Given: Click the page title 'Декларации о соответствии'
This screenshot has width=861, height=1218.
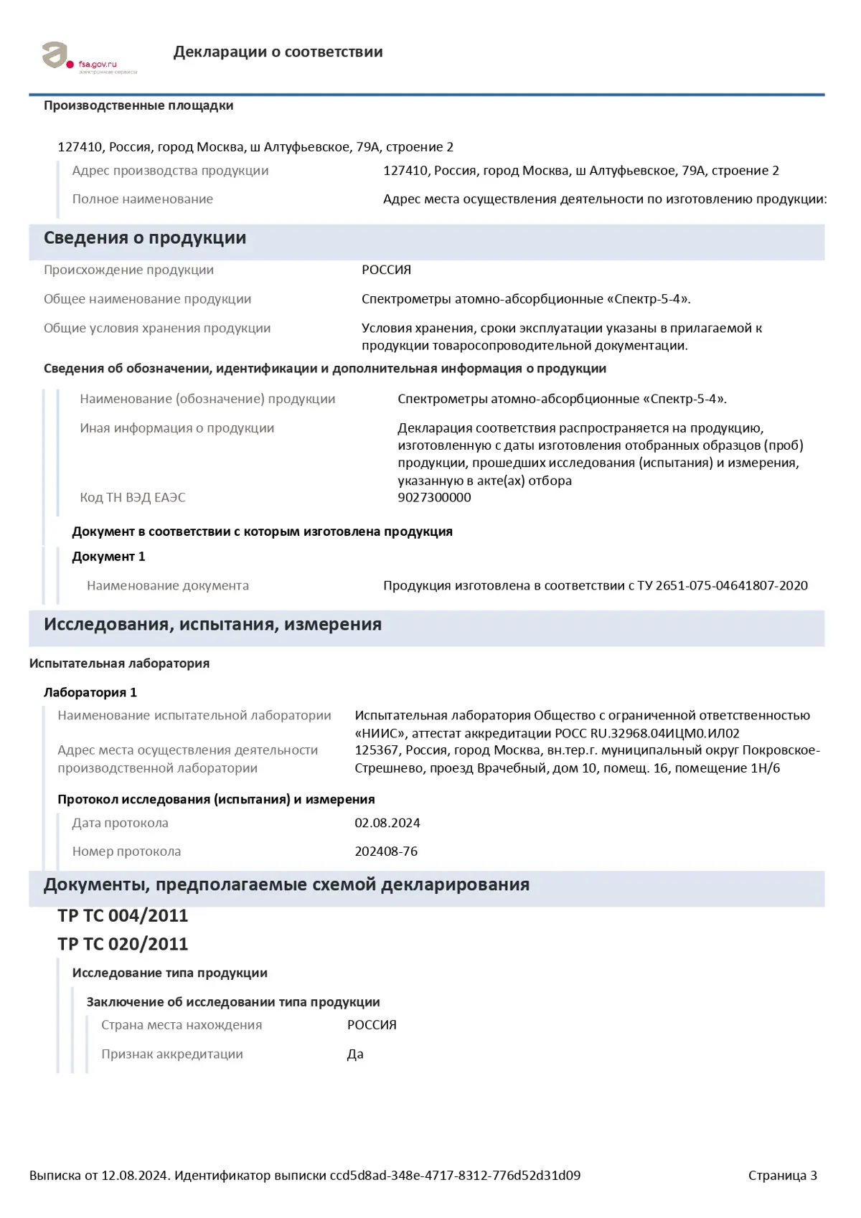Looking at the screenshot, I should click(x=278, y=52).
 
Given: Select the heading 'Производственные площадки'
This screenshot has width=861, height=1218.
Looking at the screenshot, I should click(x=138, y=105).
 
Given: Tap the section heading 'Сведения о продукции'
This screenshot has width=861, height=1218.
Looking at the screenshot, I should click(x=145, y=238).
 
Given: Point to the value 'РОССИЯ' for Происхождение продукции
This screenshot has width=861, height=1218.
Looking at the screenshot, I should click(x=386, y=270).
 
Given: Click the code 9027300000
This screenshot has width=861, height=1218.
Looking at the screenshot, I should click(x=434, y=497).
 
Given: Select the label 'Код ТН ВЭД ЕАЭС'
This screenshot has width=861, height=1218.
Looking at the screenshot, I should click(x=133, y=497).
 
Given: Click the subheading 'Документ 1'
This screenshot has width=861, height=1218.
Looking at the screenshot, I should click(x=108, y=557).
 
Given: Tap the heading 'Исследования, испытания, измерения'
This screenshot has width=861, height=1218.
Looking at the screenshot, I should click(x=212, y=624).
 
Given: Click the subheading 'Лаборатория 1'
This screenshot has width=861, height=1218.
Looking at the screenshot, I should click(x=90, y=692).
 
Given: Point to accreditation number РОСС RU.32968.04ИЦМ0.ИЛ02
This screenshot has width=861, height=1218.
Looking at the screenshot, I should click(x=647, y=733).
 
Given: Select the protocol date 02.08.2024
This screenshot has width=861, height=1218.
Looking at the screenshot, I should click(x=387, y=823).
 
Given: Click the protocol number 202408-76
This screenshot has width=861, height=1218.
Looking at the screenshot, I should click(x=386, y=851).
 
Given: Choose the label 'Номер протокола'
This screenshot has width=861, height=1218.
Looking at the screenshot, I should click(x=126, y=851).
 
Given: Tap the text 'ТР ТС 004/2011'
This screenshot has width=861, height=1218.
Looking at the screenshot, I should click(x=123, y=915).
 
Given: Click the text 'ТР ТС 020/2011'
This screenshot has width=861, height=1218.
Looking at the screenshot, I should click(x=123, y=944).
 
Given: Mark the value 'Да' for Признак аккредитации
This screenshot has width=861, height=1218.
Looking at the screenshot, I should click(x=355, y=1054).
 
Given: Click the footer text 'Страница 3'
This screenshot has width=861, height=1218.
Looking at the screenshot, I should click(x=782, y=1175).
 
